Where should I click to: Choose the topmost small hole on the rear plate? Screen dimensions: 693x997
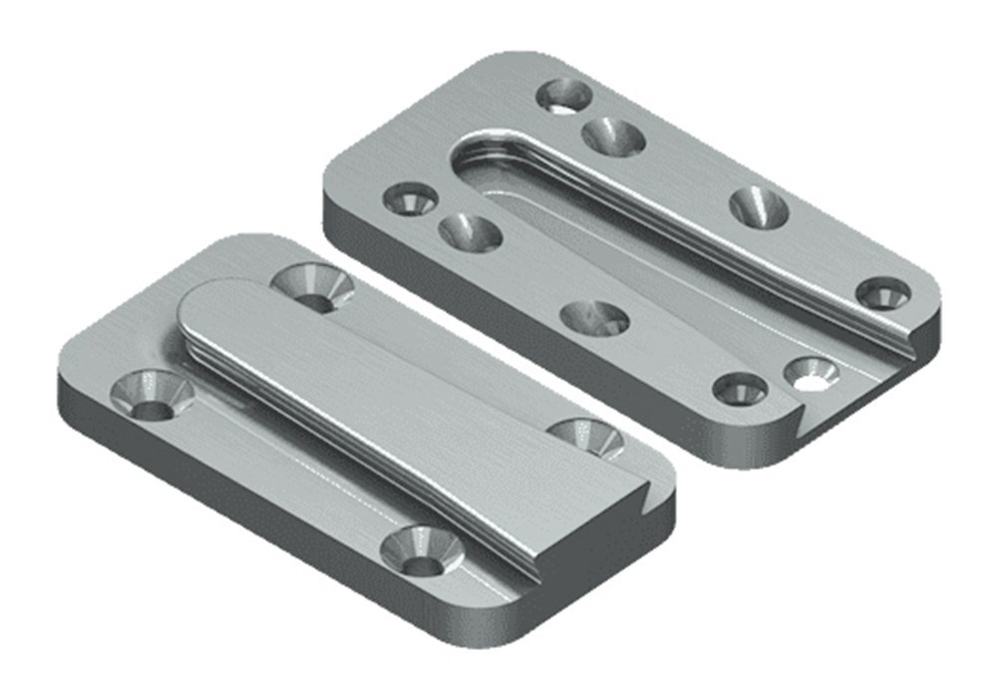[564, 96]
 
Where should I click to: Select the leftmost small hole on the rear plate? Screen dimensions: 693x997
[410, 198]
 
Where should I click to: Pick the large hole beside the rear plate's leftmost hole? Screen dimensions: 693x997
[470, 233]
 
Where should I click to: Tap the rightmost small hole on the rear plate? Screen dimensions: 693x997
[883, 292]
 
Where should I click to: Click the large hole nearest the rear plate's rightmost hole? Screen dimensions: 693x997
[759, 207]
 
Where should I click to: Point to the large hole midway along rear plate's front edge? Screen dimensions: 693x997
[595, 319]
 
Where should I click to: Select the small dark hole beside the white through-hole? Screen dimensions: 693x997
[741, 389]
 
